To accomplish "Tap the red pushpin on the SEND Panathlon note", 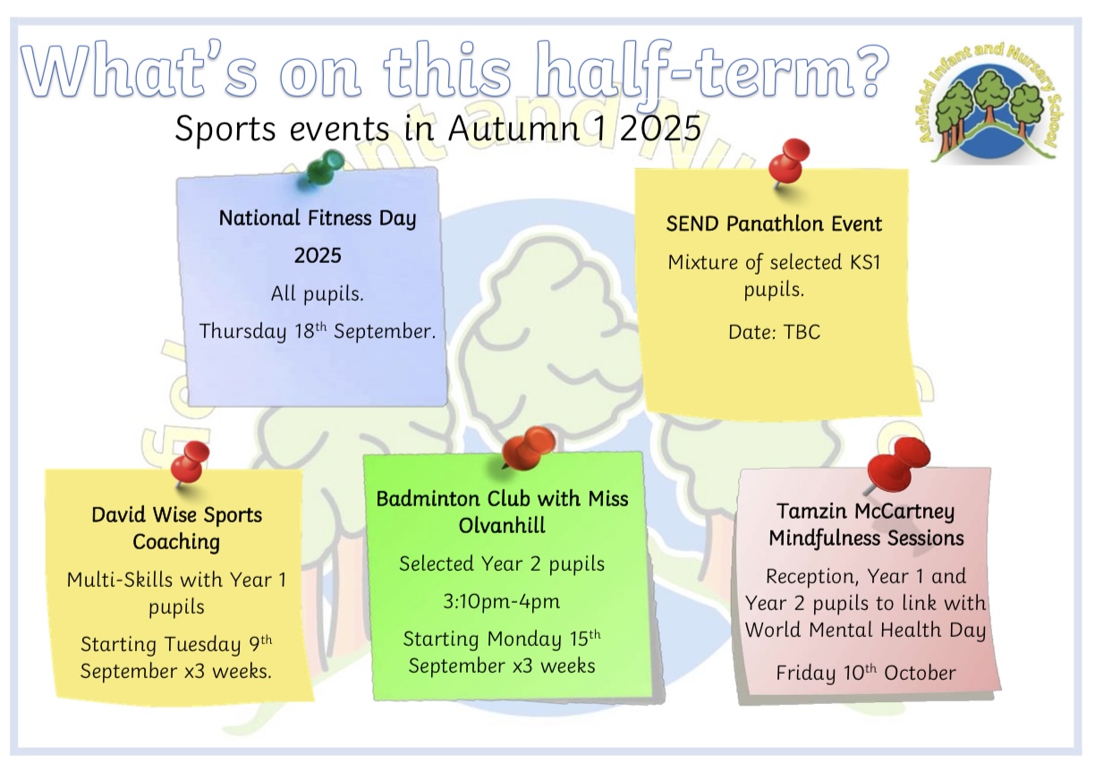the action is click(x=789, y=162).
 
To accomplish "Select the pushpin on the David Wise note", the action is click(x=190, y=462).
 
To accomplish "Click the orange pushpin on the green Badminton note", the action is click(x=529, y=447).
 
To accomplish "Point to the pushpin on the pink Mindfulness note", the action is click(x=897, y=465).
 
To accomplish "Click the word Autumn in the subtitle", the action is click(x=514, y=129).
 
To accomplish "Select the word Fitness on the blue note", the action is click(x=339, y=217).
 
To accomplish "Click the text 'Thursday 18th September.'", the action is click(x=318, y=331).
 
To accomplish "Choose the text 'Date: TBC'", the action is click(x=775, y=332).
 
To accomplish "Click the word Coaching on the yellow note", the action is click(x=176, y=542).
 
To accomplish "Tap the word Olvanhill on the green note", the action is click(x=502, y=525).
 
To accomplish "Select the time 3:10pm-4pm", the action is click(x=502, y=601).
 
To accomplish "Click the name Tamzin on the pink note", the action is click(x=812, y=511).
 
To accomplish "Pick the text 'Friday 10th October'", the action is click(x=866, y=673).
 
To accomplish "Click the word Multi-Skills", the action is click(x=120, y=580).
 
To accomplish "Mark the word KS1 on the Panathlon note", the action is click(x=865, y=262).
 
